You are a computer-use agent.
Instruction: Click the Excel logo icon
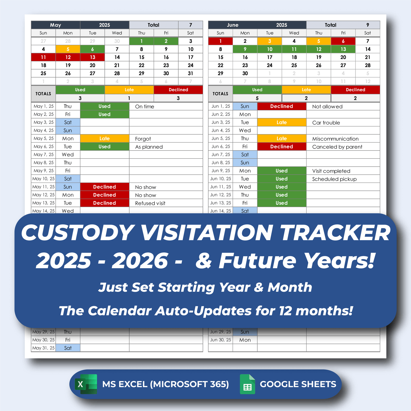click(86, 384)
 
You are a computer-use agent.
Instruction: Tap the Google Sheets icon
click(247, 384)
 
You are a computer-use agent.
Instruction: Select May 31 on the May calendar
click(190, 73)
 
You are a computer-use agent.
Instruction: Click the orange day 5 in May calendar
click(68, 49)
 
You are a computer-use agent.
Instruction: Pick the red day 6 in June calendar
click(343, 41)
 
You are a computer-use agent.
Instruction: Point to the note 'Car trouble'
click(326, 123)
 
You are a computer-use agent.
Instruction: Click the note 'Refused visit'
click(150, 203)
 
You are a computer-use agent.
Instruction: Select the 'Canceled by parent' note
click(337, 147)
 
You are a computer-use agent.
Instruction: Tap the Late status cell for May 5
click(105, 138)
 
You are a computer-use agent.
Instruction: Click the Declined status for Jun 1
click(282, 106)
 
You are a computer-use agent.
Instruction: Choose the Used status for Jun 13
click(282, 203)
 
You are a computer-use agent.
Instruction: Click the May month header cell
click(55, 25)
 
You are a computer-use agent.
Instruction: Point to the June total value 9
click(368, 25)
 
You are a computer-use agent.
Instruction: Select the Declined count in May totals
click(178, 98)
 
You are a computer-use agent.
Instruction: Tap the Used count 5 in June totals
click(257, 98)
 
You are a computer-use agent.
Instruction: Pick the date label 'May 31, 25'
click(43, 348)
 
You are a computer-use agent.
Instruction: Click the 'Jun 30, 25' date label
click(221, 340)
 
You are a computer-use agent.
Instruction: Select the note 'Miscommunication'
click(335, 139)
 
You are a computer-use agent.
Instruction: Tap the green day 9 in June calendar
click(245, 49)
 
